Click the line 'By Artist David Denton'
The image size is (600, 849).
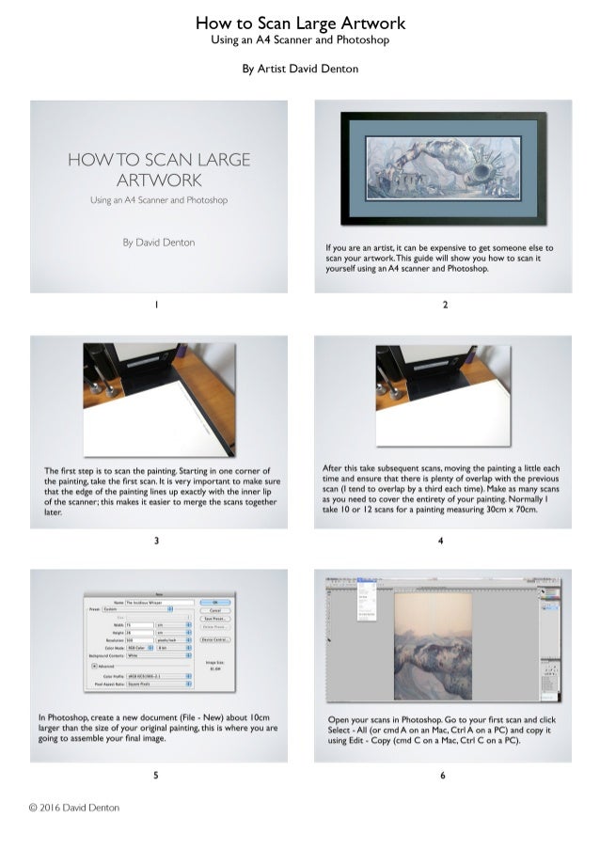(300, 69)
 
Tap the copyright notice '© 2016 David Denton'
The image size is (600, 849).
(73, 807)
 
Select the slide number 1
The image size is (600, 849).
(157, 305)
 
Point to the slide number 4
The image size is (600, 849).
(442, 541)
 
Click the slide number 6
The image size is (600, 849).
(442, 776)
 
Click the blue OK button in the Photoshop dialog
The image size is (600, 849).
(215, 602)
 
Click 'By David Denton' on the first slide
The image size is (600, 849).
(158, 243)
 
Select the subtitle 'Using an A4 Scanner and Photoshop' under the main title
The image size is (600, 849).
(300, 40)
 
